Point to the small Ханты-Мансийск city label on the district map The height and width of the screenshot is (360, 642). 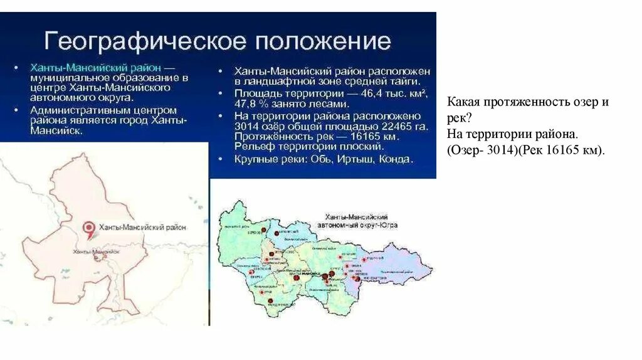click(x=96, y=251)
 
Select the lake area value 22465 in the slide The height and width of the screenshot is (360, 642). click(x=380, y=127)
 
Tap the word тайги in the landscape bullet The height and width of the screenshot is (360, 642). click(x=413, y=82)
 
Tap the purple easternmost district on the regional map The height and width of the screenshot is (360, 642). click(x=401, y=267)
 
